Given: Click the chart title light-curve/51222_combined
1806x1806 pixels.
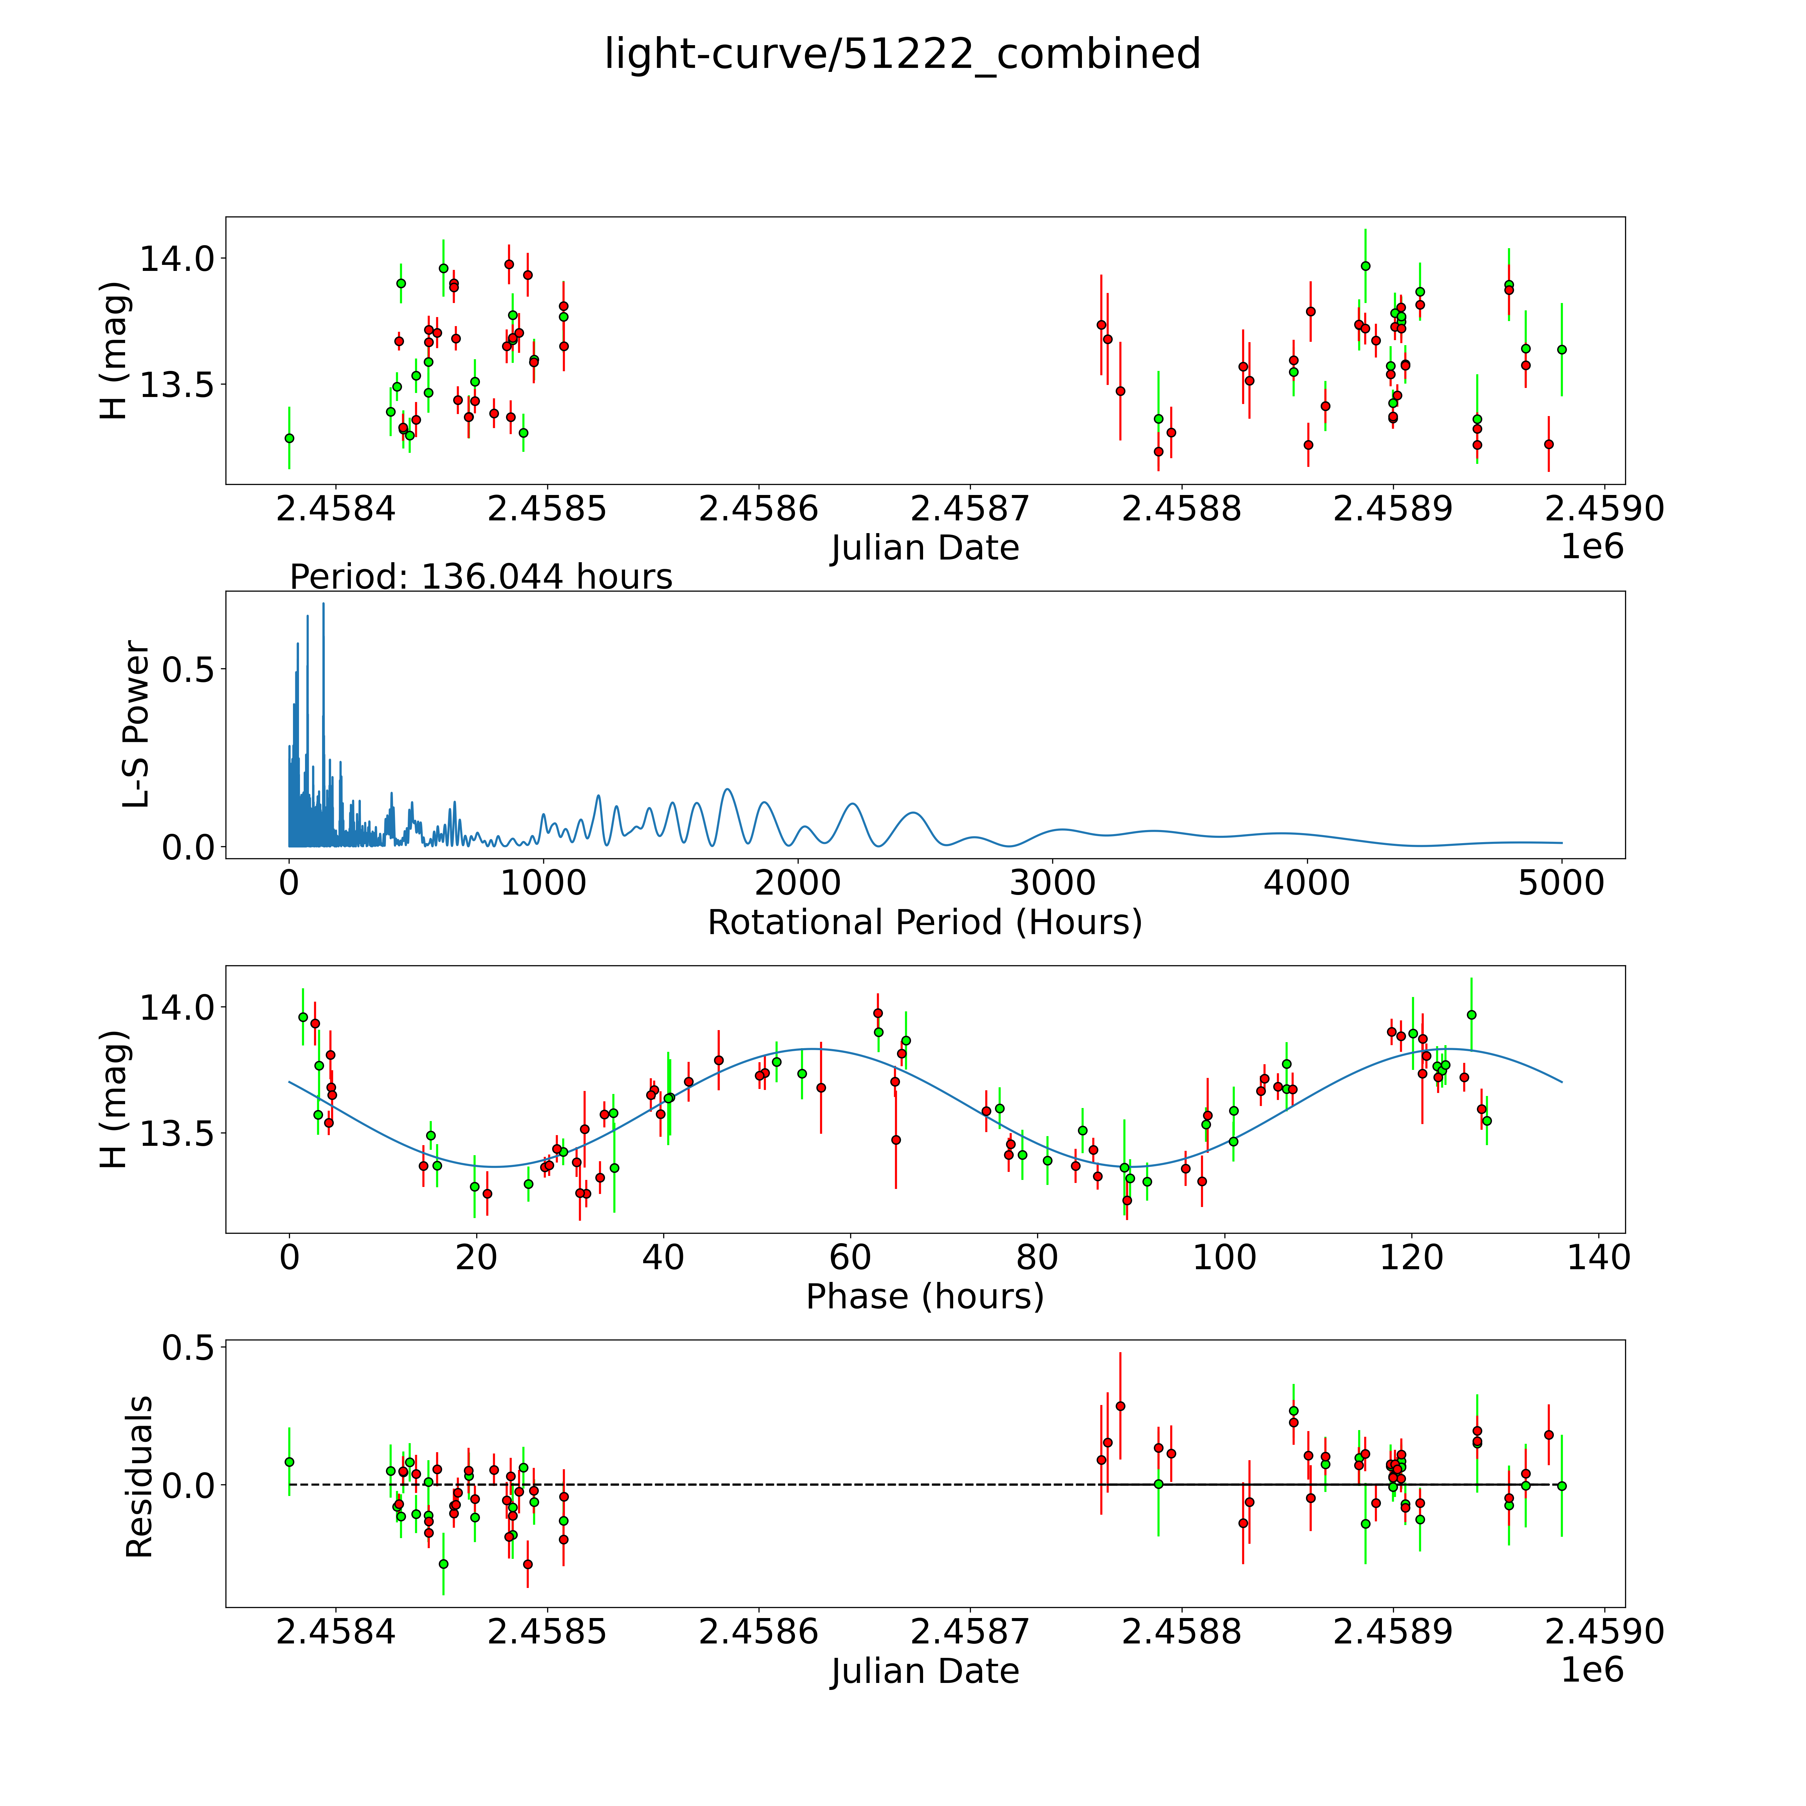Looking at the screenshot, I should pos(902,54).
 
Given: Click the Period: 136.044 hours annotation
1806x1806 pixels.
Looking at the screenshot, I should pos(481,577).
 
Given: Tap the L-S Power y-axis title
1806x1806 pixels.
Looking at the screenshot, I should pos(136,724).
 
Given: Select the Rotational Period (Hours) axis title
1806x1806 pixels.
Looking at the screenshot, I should pos(924,923).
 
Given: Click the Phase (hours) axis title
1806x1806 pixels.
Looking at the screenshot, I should pos(924,1297).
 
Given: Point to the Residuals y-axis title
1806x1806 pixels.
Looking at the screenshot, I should pos(139,1477).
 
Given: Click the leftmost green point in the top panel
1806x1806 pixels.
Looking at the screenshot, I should pos(289,437).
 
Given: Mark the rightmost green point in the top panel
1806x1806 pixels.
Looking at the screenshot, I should pos(1561,349).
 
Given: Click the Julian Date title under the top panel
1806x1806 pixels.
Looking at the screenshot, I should pos(924,548).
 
